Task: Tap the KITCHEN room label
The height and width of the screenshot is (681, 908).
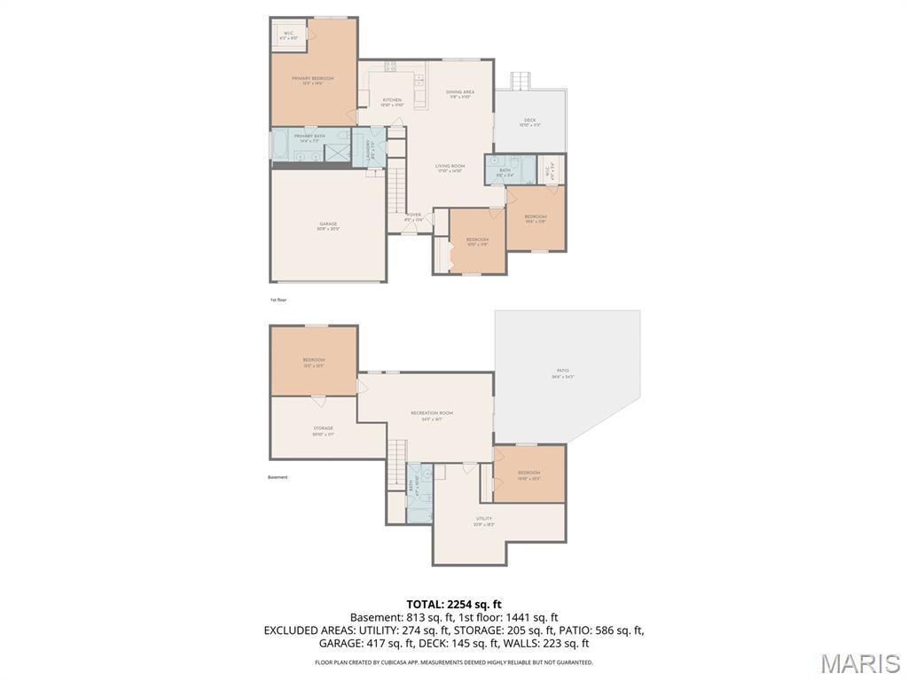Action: (x=392, y=100)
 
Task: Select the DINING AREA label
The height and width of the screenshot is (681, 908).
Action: (x=460, y=92)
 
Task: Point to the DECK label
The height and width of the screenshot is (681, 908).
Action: (x=530, y=121)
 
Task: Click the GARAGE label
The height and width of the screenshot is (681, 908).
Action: (x=328, y=224)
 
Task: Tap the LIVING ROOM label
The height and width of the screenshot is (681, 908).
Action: (x=450, y=167)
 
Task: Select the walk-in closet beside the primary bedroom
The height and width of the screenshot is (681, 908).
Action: (x=288, y=35)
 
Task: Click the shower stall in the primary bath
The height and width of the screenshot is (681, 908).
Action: (x=338, y=152)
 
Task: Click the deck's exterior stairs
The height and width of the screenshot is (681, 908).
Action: (x=520, y=81)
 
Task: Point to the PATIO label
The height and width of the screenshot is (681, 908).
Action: (x=563, y=372)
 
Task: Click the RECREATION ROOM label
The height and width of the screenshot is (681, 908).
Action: (x=432, y=414)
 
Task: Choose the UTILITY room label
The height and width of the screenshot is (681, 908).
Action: (x=483, y=520)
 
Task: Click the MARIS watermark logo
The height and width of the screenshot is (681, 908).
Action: (x=860, y=663)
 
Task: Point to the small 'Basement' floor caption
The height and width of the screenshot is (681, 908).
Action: (x=278, y=477)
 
